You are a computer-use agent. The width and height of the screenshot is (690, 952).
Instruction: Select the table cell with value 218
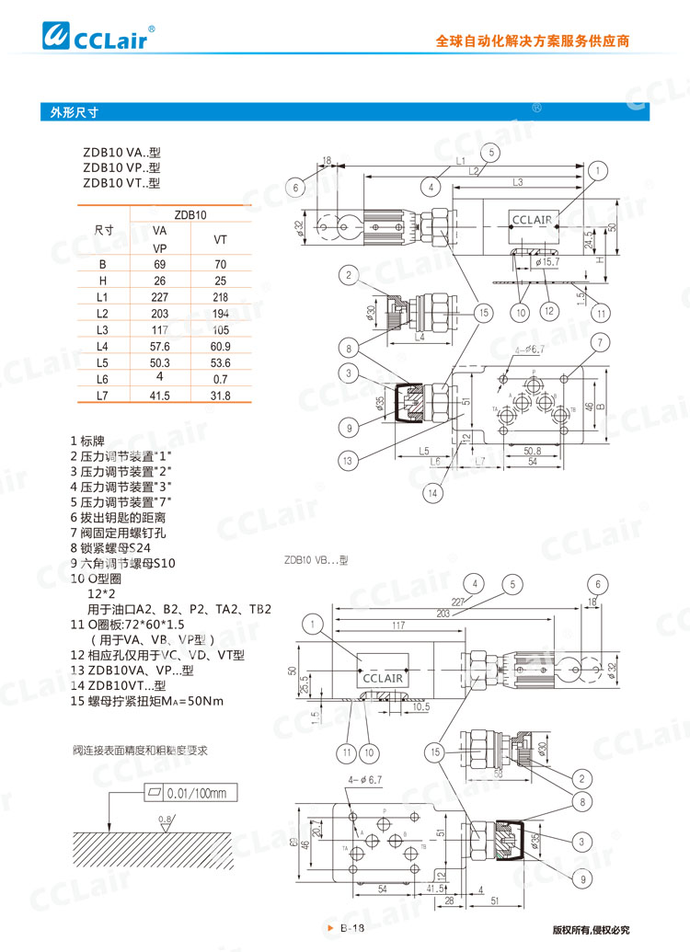point(220,297)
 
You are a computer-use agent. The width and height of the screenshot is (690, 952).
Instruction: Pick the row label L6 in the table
point(102,379)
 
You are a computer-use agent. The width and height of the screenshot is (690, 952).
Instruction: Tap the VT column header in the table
point(220,239)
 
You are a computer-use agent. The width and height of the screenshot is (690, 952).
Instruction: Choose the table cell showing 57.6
point(160,346)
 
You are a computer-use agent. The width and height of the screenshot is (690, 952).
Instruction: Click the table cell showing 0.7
point(220,379)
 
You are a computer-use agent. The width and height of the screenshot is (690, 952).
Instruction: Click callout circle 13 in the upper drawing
point(347,460)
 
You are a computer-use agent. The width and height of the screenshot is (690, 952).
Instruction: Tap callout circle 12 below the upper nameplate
point(548,312)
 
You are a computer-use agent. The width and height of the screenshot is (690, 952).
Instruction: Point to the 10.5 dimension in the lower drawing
point(420,706)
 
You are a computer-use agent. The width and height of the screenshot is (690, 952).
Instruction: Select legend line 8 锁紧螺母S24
point(120,547)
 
